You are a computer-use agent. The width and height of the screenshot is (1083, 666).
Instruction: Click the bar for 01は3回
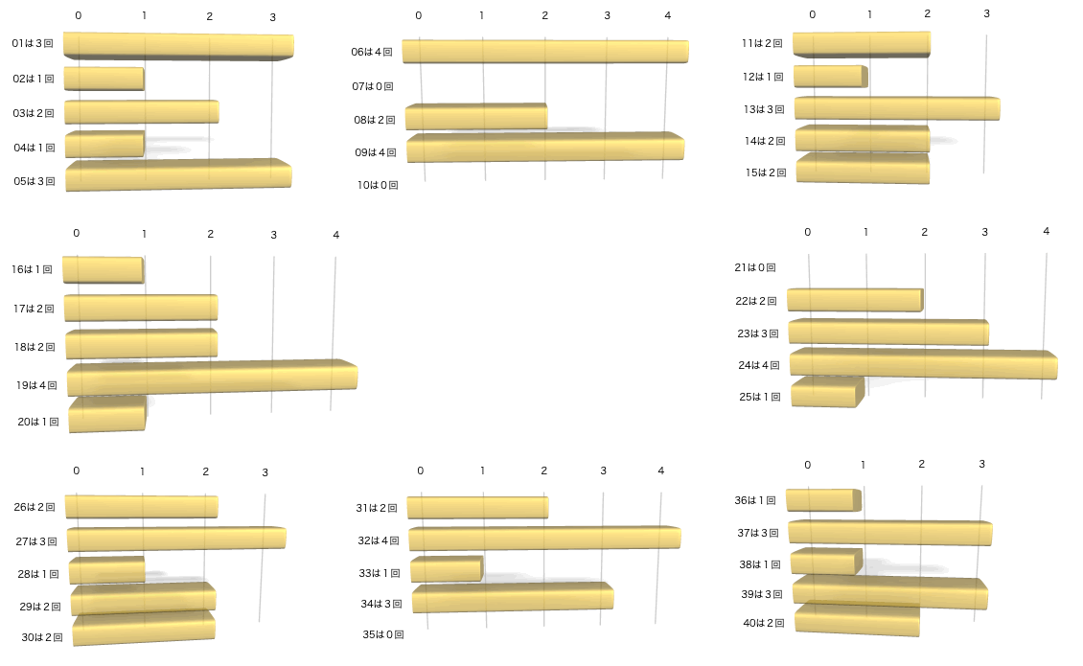click(x=178, y=46)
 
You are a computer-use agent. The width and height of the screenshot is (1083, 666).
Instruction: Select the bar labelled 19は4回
click(x=212, y=377)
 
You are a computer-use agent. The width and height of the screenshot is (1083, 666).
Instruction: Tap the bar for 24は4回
click(x=923, y=364)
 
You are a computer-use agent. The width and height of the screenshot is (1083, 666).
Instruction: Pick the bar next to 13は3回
click(x=897, y=108)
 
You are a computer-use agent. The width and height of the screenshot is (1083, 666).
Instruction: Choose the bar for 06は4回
click(x=545, y=52)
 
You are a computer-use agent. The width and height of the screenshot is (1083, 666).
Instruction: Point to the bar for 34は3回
click(x=513, y=597)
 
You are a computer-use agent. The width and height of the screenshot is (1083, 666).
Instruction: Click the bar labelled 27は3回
click(x=176, y=539)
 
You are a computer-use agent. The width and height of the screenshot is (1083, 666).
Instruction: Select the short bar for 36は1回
click(x=822, y=499)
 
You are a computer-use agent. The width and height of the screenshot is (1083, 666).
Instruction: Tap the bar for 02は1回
click(x=104, y=79)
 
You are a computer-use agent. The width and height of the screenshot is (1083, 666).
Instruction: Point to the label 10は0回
click(x=378, y=185)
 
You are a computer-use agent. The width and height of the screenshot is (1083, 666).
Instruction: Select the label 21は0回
click(x=754, y=267)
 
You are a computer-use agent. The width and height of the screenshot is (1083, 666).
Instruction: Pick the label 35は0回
click(x=383, y=634)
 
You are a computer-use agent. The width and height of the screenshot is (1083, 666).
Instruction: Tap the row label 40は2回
click(x=764, y=623)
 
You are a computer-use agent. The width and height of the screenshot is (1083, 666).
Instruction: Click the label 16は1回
click(x=33, y=270)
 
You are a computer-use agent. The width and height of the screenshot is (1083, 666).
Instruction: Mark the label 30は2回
click(x=41, y=637)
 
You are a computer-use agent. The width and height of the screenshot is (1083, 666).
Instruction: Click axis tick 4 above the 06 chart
click(x=667, y=15)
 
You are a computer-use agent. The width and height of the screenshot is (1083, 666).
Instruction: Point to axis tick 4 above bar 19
click(x=335, y=236)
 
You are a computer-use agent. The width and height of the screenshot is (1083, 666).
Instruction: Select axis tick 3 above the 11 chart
click(x=986, y=14)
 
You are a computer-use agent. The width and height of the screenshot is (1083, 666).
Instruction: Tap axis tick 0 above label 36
click(x=808, y=465)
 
